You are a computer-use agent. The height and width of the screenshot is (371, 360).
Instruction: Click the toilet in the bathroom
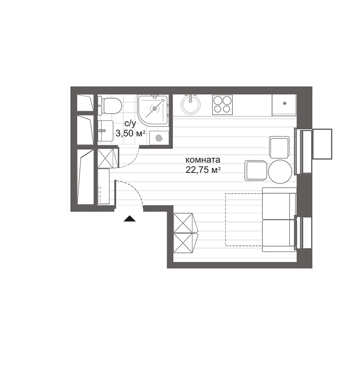coord(110,106)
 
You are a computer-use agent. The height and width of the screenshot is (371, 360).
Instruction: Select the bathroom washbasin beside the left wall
coord(106,131)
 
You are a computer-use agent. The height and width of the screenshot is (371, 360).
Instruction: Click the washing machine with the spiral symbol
coord(159,138)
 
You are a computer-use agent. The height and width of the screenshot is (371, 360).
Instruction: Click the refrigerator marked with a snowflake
coord(284,105)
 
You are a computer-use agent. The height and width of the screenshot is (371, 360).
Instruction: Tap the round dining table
coord(280,171)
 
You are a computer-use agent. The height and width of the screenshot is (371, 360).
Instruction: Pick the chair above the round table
coord(280,147)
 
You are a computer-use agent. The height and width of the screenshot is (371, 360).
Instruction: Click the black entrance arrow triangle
coord(129,218)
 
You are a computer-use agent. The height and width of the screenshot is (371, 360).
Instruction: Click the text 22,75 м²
coord(203,170)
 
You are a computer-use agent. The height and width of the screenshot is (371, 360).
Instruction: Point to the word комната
coord(203,160)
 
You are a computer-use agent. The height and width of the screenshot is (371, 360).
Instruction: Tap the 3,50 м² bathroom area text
coord(130,134)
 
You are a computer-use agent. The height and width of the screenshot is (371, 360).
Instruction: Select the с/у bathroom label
coord(130,123)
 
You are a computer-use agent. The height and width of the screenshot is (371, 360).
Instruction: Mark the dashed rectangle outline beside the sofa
coord(226,220)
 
